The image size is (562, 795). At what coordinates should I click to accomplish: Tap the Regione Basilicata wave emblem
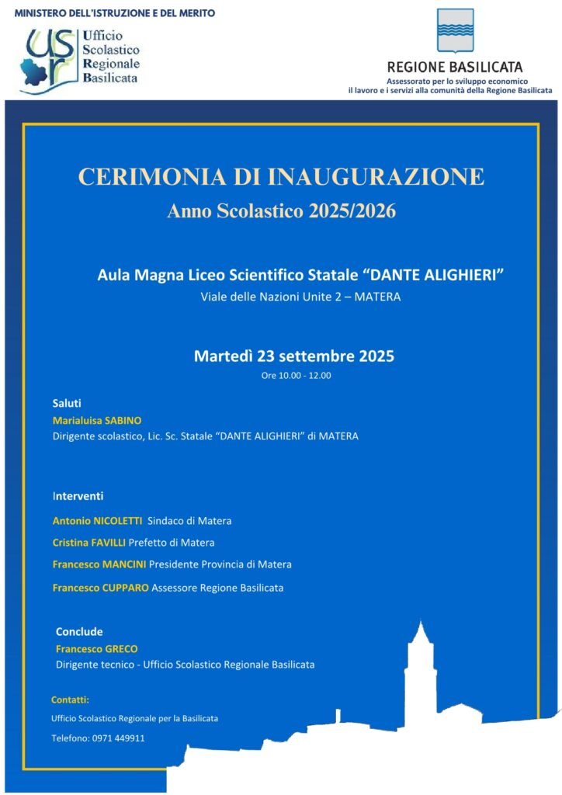(x=455, y=32)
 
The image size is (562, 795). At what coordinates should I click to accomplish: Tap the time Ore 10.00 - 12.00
(x=296, y=376)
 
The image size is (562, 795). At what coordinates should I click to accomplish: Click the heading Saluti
(x=67, y=404)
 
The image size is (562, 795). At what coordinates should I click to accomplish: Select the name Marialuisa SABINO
(x=97, y=420)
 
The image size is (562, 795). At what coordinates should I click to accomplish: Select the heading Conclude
(x=79, y=632)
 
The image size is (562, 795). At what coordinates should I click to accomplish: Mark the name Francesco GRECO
(x=97, y=648)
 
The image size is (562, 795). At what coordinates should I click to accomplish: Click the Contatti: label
(x=70, y=700)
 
